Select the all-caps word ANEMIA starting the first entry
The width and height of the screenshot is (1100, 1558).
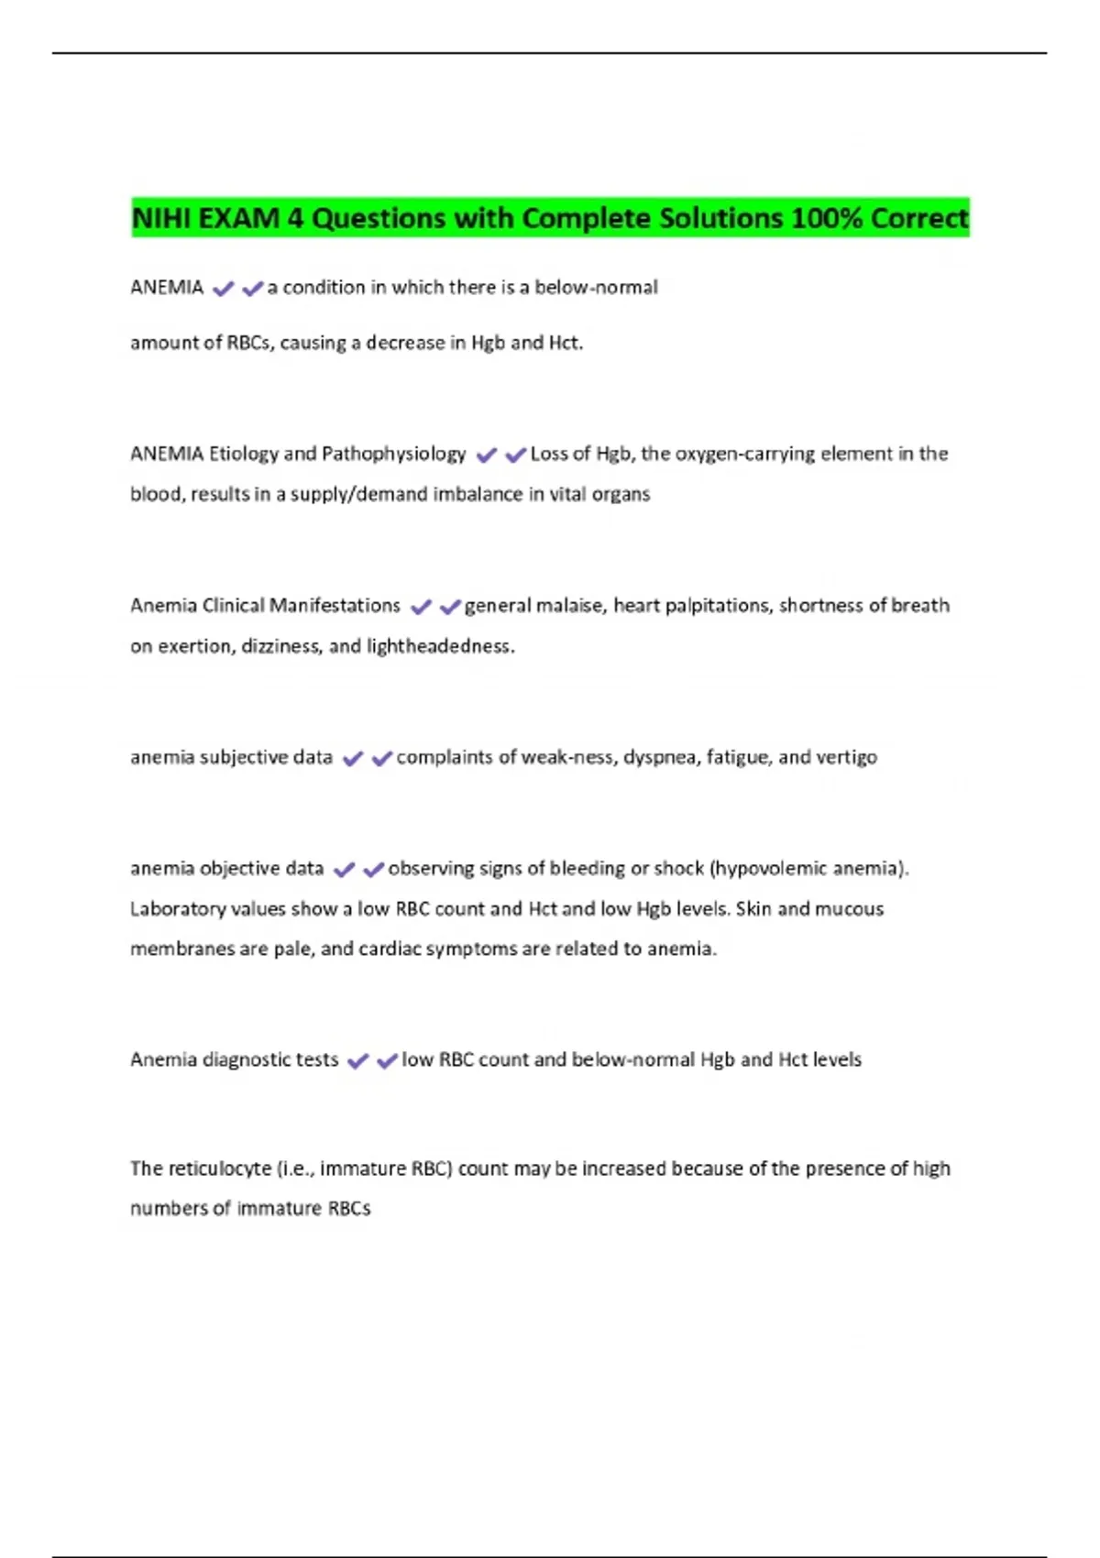tap(167, 288)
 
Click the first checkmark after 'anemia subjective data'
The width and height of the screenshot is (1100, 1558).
tap(352, 759)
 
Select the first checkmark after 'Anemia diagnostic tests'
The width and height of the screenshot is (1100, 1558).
tap(357, 1061)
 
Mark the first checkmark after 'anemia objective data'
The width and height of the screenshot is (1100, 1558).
tap(344, 870)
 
